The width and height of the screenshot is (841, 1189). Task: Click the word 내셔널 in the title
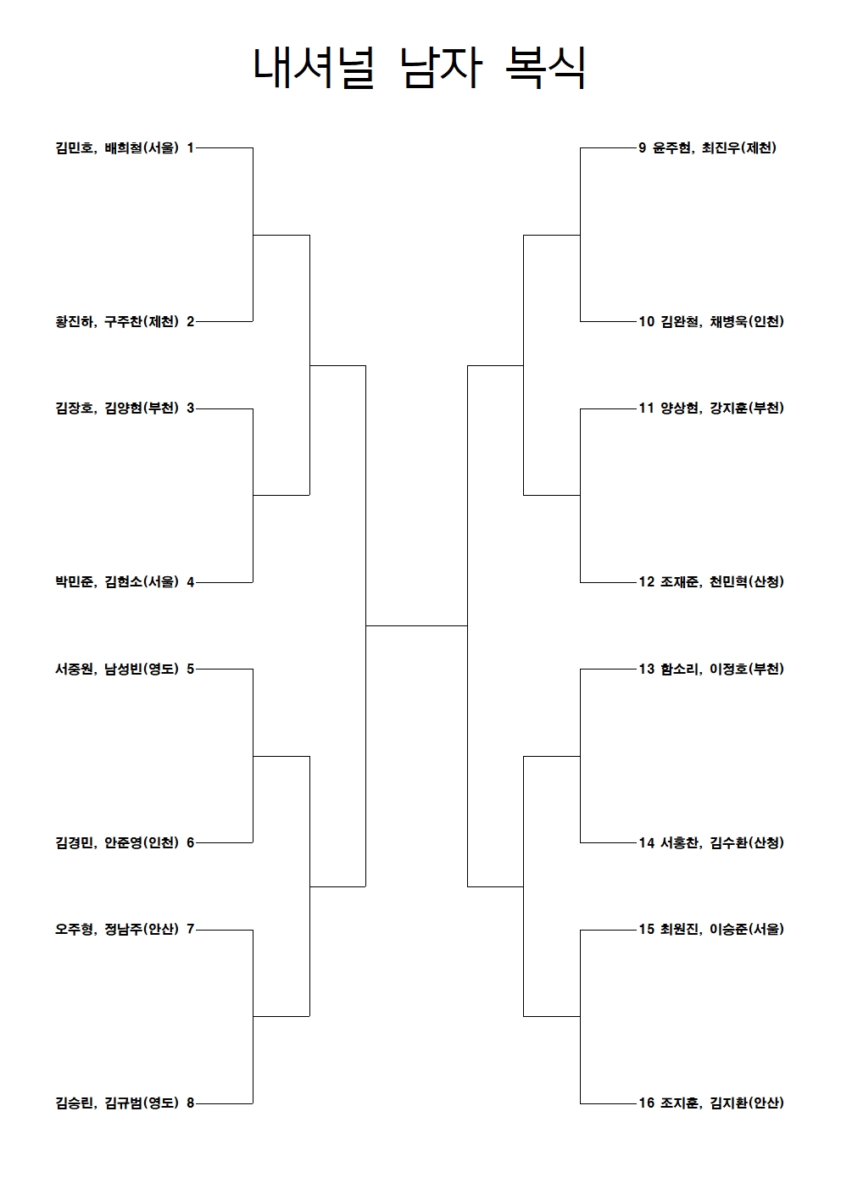tap(314, 68)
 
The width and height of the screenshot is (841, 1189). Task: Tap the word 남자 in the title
tap(441, 68)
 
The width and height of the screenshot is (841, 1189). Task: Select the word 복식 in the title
tap(545, 68)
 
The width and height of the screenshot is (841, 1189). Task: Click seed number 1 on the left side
tap(190, 148)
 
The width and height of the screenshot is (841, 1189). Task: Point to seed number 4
tap(190, 582)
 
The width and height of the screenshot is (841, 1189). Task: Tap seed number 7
tap(190, 929)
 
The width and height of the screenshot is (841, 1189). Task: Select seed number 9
tap(643, 148)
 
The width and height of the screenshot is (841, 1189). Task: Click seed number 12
tap(646, 581)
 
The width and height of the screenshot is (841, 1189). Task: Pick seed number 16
tap(646, 1103)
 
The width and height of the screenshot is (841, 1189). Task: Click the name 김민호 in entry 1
tap(74, 148)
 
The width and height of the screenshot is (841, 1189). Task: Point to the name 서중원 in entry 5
tap(74, 669)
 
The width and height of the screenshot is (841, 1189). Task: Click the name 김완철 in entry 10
tap(680, 322)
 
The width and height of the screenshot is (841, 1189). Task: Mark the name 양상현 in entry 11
tap(680, 408)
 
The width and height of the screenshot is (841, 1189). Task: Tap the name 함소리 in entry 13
tap(680, 669)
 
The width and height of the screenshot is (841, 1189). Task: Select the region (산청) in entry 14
tap(766, 842)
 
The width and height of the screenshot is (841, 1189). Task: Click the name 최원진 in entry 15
tap(680, 929)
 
